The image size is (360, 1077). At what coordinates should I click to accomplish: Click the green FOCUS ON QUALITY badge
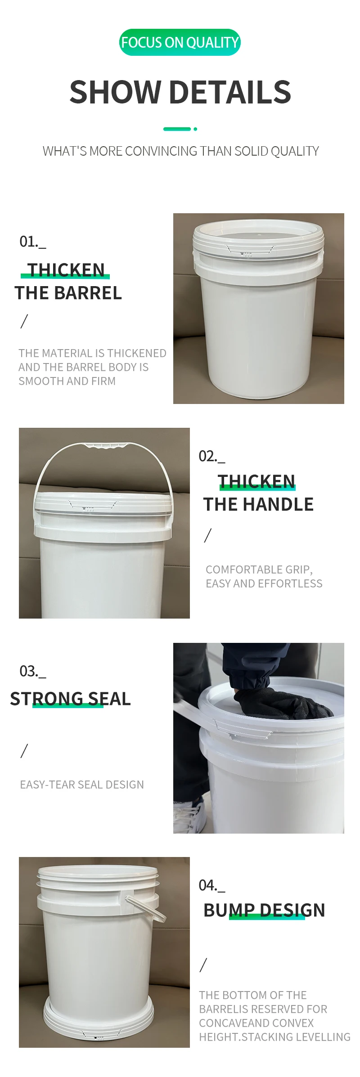pyautogui.click(x=180, y=42)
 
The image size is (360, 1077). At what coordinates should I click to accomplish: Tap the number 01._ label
pyautogui.click(x=32, y=242)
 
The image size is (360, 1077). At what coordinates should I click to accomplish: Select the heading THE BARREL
pyautogui.click(x=68, y=293)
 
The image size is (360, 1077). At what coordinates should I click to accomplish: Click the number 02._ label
pyautogui.click(x=211, y=457)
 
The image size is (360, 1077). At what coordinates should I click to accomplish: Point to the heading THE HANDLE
pyautogui.click(x=258, y=505)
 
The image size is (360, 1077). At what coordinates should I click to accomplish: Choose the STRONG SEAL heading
pyautogui.click(x=70, y=699)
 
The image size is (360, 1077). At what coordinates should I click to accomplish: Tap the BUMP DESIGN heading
pyautogui.click(x=264, y=910)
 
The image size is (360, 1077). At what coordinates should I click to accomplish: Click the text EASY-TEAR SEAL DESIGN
pyautogui.click(x=82, y=785)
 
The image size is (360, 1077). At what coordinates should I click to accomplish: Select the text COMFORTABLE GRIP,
pyautogui.click(x=259, y=570)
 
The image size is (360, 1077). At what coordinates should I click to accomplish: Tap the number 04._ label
pyautogui.click(x=211, y=886)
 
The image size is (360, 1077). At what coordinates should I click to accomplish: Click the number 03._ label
pyautogui.click(x=32, y=672)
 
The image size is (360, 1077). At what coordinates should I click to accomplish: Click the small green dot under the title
pyautogui.click(x=195, y=129)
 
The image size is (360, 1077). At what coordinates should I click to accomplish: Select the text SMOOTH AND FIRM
pyautogui.click(x=67, y=381)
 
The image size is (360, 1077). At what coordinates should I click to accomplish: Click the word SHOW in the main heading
pyautogui.click(x=115, y=92)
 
